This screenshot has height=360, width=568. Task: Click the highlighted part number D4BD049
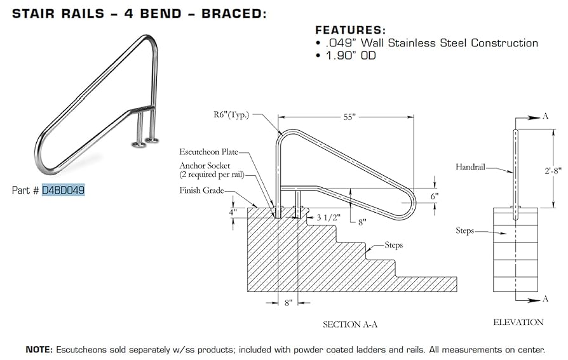coord(63,190)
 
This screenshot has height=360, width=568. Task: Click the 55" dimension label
coord(350,117)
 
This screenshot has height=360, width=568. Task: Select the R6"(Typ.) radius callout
coord(232,115)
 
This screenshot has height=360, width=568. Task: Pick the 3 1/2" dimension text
coord(328,217)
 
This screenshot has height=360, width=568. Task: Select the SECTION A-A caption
coord(350,324)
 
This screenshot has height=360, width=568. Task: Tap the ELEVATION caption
coord(518,323)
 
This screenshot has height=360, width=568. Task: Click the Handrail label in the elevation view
coord(470,167)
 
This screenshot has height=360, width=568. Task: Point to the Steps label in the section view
coord(393,245)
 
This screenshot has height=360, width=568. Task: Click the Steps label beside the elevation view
coord(464,230)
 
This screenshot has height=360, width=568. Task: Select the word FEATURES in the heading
coord(351,30)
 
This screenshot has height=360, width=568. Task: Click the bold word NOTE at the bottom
coord(38,349)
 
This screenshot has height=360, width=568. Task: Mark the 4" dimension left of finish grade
coord(234,211)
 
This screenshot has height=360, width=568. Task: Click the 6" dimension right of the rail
coord(434,196)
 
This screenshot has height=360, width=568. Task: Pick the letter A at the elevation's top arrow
coord(545,117)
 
